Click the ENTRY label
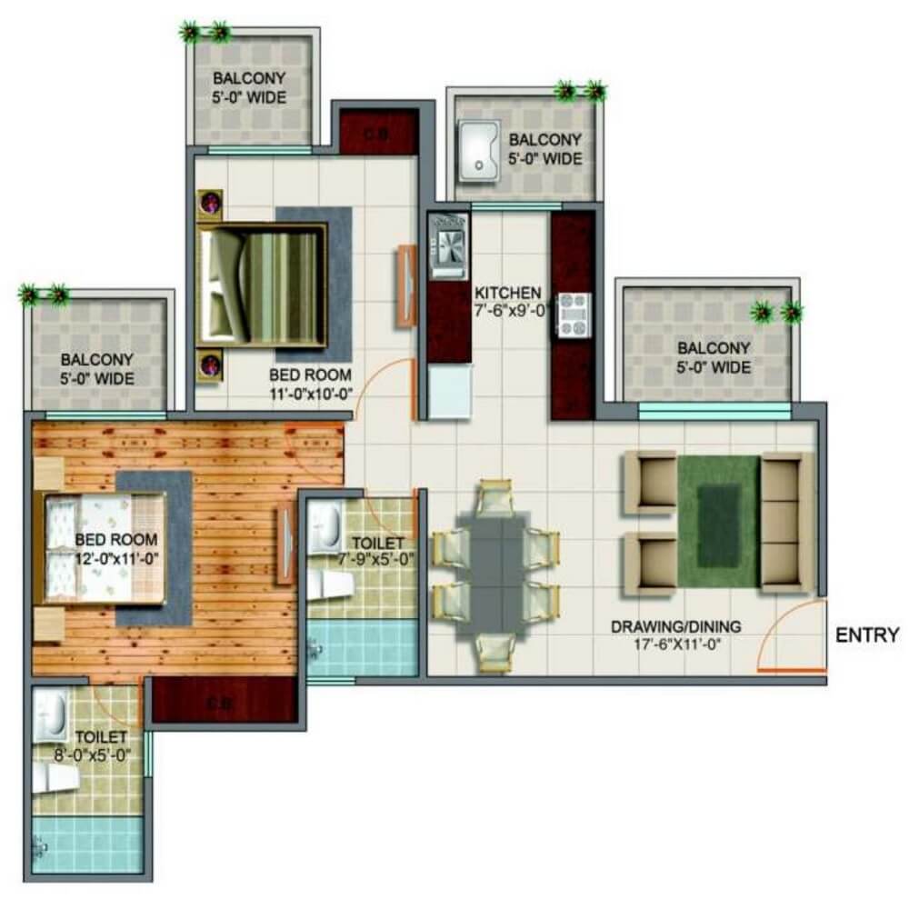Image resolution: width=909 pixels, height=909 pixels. [x=867, y=634]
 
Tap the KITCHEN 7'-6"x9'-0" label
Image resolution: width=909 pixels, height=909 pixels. [x=508, y=301]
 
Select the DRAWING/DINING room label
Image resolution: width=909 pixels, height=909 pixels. [x=675, y=634]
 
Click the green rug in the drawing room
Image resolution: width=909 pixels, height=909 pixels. [x=718, y=519]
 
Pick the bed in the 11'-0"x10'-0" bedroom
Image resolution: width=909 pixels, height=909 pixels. [x=263, y=286]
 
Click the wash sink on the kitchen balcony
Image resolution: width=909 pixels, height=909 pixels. [x=477, y=149]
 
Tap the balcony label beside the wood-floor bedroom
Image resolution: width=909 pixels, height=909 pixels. [x=97, y=368]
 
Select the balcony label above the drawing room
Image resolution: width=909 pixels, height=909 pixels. [x=713, y=357]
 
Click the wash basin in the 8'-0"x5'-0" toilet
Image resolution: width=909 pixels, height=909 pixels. [x=53, y=713]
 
